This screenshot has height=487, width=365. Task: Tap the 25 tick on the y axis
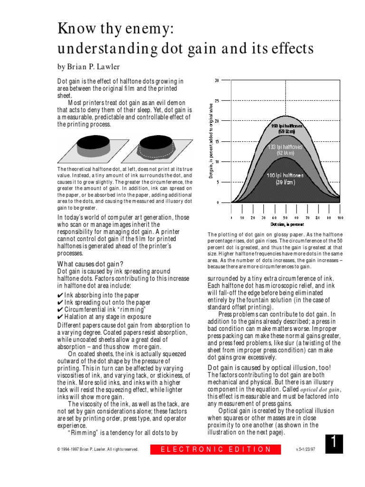[x=217, y=101]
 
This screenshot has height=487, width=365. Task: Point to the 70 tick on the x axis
[x=307, y=217]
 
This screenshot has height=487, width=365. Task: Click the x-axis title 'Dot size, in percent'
[x=287, y=224]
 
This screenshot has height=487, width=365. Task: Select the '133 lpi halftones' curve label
[x=286, y=147]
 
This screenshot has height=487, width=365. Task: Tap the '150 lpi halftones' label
[x=286, y=126]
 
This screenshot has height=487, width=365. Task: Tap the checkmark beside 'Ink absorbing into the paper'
[x=60, y=295]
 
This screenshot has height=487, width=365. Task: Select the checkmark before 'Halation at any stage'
[x=60, y=317]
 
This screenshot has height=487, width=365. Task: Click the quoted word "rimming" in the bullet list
[x=133, y=310]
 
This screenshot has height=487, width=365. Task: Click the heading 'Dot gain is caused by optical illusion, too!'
[x=269, y=368]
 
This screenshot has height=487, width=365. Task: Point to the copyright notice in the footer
[x=97, y=449]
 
